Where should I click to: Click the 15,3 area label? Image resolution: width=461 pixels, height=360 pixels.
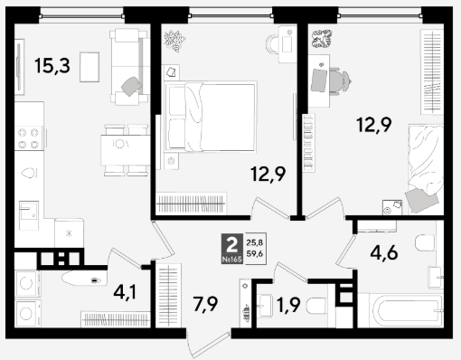(x=52, y=66)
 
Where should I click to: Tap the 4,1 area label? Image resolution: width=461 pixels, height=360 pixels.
(x=125, y=292)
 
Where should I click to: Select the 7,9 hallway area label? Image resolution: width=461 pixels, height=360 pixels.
(x=205, y=304)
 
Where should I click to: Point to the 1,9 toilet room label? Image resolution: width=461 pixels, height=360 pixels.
(x=288, y=305)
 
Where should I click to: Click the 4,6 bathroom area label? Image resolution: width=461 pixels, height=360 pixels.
(x=384, y=252)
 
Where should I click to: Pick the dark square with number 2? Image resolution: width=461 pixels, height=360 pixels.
(x=232, y=249)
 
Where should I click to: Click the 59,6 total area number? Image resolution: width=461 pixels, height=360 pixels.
(x=255, y=253)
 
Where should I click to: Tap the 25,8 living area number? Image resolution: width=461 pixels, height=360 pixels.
(x=255, y=242)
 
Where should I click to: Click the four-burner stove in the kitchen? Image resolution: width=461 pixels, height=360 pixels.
(x=29, y=137)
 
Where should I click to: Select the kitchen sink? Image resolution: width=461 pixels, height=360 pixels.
(x=29, y=215)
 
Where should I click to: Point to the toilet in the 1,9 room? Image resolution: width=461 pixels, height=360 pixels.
(x=316, y=306)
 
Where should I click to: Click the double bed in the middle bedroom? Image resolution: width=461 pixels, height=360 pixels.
(x=211, y=117)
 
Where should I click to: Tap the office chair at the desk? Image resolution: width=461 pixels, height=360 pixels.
(x=340, y=81)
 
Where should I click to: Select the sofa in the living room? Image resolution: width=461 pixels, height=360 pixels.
(x=129, y=67)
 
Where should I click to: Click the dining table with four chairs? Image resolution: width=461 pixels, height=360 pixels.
(x=126, y=150)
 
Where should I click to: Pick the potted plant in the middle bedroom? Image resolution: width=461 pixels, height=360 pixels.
(x=174, y=41)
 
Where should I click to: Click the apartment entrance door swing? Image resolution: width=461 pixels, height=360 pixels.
(x=208, y=345)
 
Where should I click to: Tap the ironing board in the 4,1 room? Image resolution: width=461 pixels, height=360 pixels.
(x=84, y=279)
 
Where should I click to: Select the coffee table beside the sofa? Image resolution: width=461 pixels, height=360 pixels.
(x=89, y=67)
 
